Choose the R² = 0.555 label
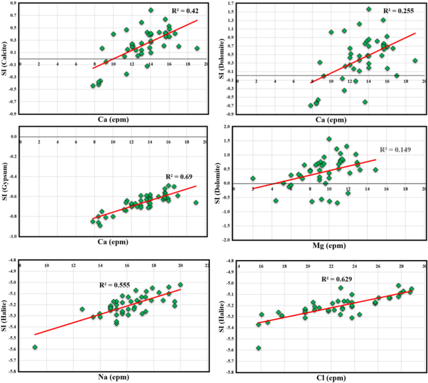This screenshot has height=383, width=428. click(x=116, y=284)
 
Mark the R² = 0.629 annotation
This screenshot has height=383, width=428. click(x=341, y=281)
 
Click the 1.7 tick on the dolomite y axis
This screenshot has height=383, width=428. click(x=231, y=3)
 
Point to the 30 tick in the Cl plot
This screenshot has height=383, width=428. click(x=425, y=267)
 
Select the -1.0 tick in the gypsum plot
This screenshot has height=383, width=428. click(x=12, y=236)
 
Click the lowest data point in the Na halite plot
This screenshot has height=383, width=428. click(x=35, y=347)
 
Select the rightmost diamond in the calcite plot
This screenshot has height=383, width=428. click(x=197, y=48)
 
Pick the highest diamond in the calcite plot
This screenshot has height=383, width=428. click(x=151, y=10)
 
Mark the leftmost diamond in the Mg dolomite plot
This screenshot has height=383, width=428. click(x=253, y=178)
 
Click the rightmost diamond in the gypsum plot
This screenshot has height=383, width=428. click(x=196, y=202)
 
